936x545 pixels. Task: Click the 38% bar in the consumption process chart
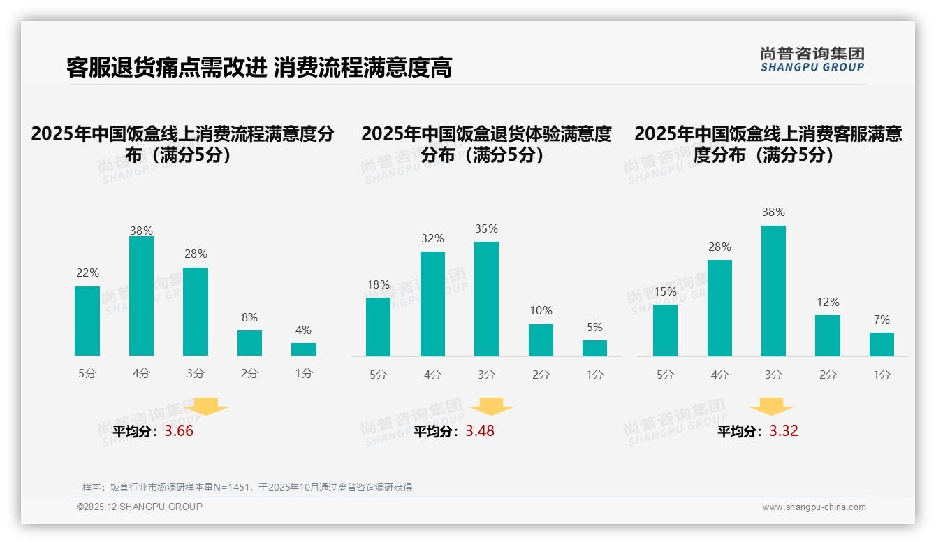click(141, 296)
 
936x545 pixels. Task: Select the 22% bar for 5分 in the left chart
click(87, 321)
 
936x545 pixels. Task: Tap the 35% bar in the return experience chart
click(486, 299)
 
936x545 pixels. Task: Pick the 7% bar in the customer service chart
click(882, 344)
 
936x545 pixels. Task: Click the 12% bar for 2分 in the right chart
click(828, 335)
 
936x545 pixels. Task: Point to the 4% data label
click(303, 330)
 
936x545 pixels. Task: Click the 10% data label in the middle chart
click(541, 310)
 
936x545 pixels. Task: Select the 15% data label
click(665, 291)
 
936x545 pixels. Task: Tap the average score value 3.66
click(179, 431)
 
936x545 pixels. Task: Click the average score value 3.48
click(480, 431)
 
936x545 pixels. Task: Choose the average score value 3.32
click(784, 431)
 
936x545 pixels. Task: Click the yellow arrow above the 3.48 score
click(491, 406)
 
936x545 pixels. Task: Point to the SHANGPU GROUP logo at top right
click(812, 59)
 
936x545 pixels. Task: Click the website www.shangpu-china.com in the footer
click(814, 507)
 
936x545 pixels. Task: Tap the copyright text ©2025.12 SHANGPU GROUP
click(140, 507)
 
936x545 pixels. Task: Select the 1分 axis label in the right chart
click(882, 375)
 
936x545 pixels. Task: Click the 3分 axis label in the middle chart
click(486, 375)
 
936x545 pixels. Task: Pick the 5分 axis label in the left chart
click(87, 373)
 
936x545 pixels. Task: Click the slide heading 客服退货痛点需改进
click(166, 67)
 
